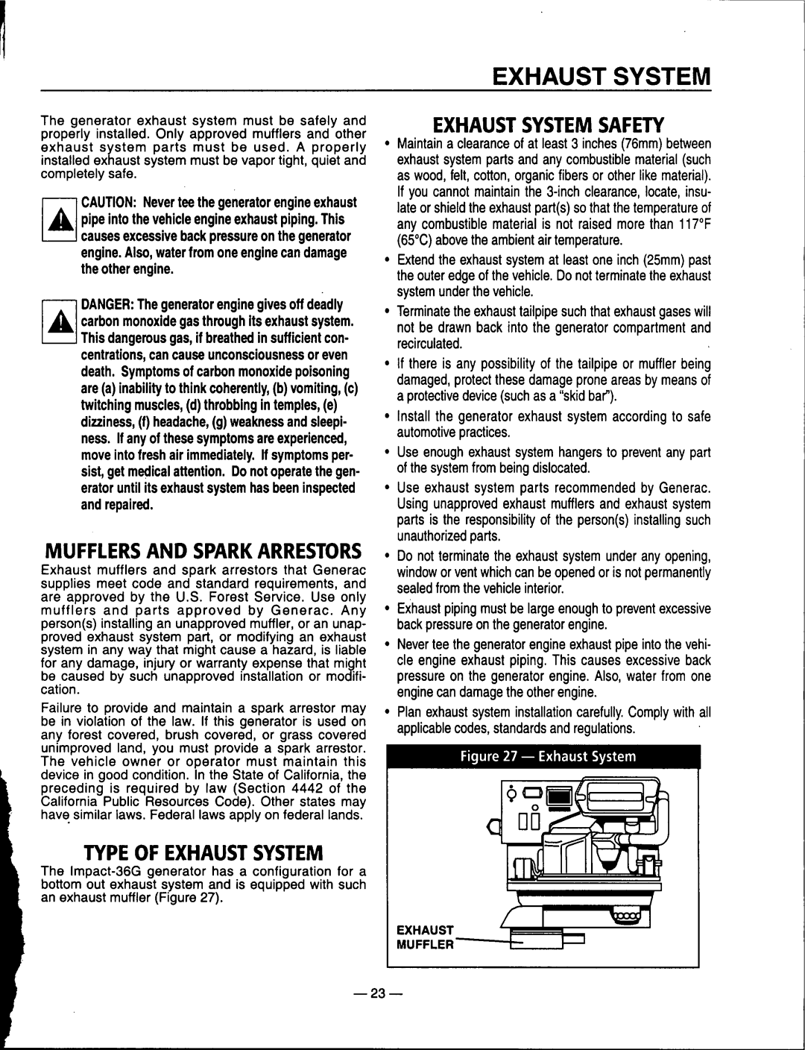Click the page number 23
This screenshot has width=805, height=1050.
[402, 993]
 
